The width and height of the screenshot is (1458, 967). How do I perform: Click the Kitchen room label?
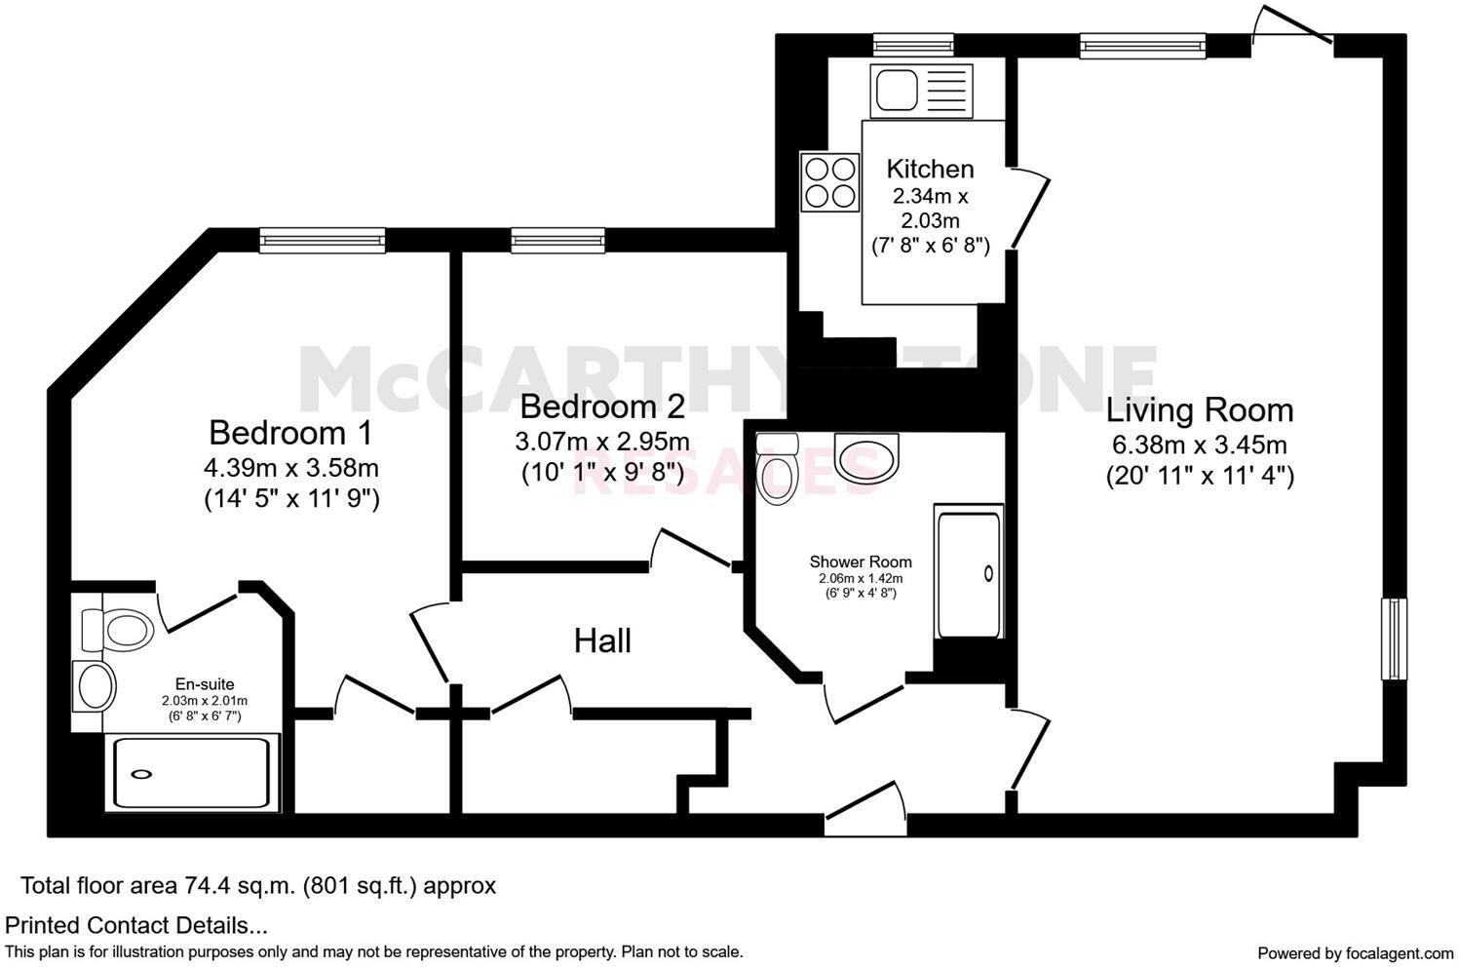pos(930,169)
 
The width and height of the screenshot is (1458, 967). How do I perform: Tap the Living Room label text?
pos(1200,409)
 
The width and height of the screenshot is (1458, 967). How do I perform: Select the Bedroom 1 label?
pos(290,431)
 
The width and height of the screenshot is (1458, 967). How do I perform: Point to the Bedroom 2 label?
pos(601,406)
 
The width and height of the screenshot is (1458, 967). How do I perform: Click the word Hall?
pos(602,640)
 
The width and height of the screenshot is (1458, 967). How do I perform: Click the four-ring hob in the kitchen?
pos(829,182)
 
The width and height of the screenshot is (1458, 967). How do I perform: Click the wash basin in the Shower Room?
pos(868,458)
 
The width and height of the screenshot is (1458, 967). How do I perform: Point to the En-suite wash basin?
pos(95,685)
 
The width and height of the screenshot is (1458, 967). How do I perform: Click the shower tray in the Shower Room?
pos(968,572)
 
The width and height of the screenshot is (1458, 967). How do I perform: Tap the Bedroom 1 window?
pos(322,239)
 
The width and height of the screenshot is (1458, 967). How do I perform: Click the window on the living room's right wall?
pos(1395,638)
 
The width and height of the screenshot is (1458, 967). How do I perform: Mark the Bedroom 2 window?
pos(556,239)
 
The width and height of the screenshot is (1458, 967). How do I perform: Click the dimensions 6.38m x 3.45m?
pos(1200,445)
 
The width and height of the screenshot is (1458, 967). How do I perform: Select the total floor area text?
pos(258,886)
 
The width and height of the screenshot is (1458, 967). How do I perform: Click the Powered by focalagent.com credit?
pos(1355,952)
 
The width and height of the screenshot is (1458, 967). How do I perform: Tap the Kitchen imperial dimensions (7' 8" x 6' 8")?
pos(930,246)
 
